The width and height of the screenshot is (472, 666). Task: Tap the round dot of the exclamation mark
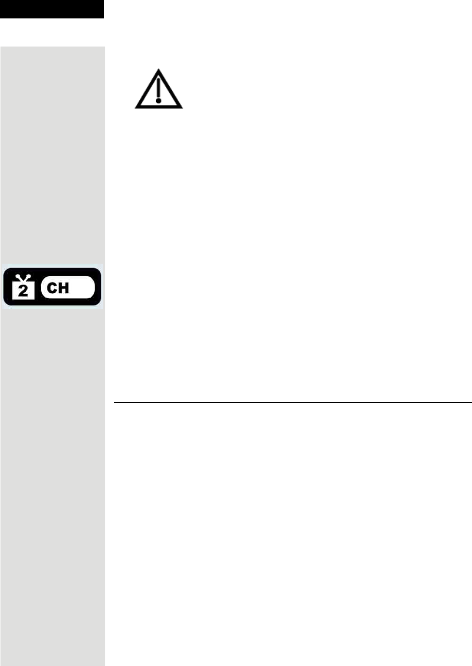coord(159,101)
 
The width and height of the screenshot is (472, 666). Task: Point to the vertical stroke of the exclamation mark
coord(159,88)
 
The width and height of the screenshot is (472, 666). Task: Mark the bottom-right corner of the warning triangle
coord(181,107)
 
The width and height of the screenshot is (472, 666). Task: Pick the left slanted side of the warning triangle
coord(147,89)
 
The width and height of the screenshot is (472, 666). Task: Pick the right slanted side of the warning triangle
coord(170,89)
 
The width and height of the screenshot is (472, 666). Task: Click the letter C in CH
coord(52,288)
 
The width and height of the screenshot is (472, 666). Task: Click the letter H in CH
coord(64,288)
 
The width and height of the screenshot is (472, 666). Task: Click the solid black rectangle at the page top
coord(51,9)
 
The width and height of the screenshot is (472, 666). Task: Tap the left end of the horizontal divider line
coord(115,402)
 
